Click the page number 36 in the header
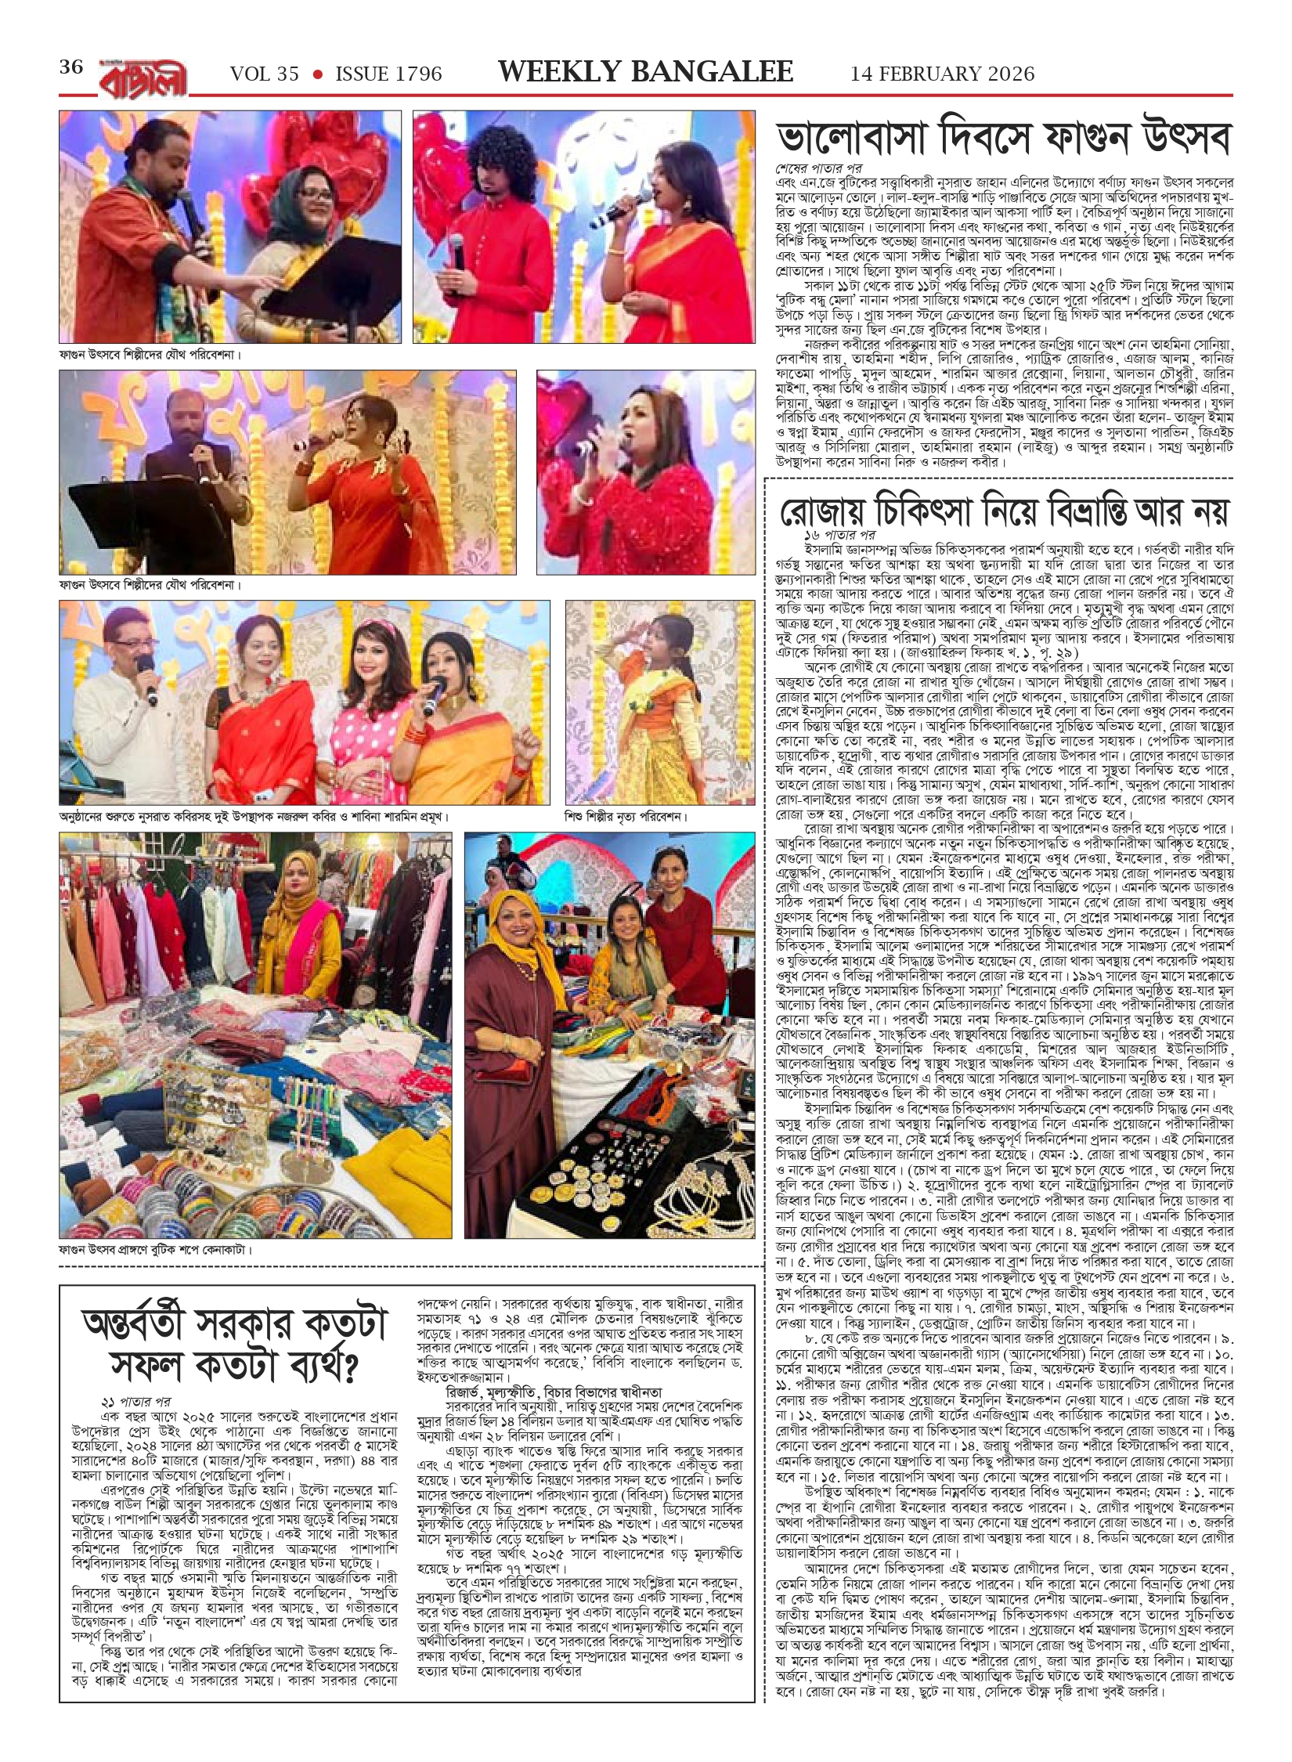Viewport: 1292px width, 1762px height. click(x=70, y=67)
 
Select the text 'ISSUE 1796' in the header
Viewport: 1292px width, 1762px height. click(x=388, y=74)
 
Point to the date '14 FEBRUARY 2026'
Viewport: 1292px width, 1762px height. click(x=942, y=74)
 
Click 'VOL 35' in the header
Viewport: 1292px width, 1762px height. click(x=265, y=74)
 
